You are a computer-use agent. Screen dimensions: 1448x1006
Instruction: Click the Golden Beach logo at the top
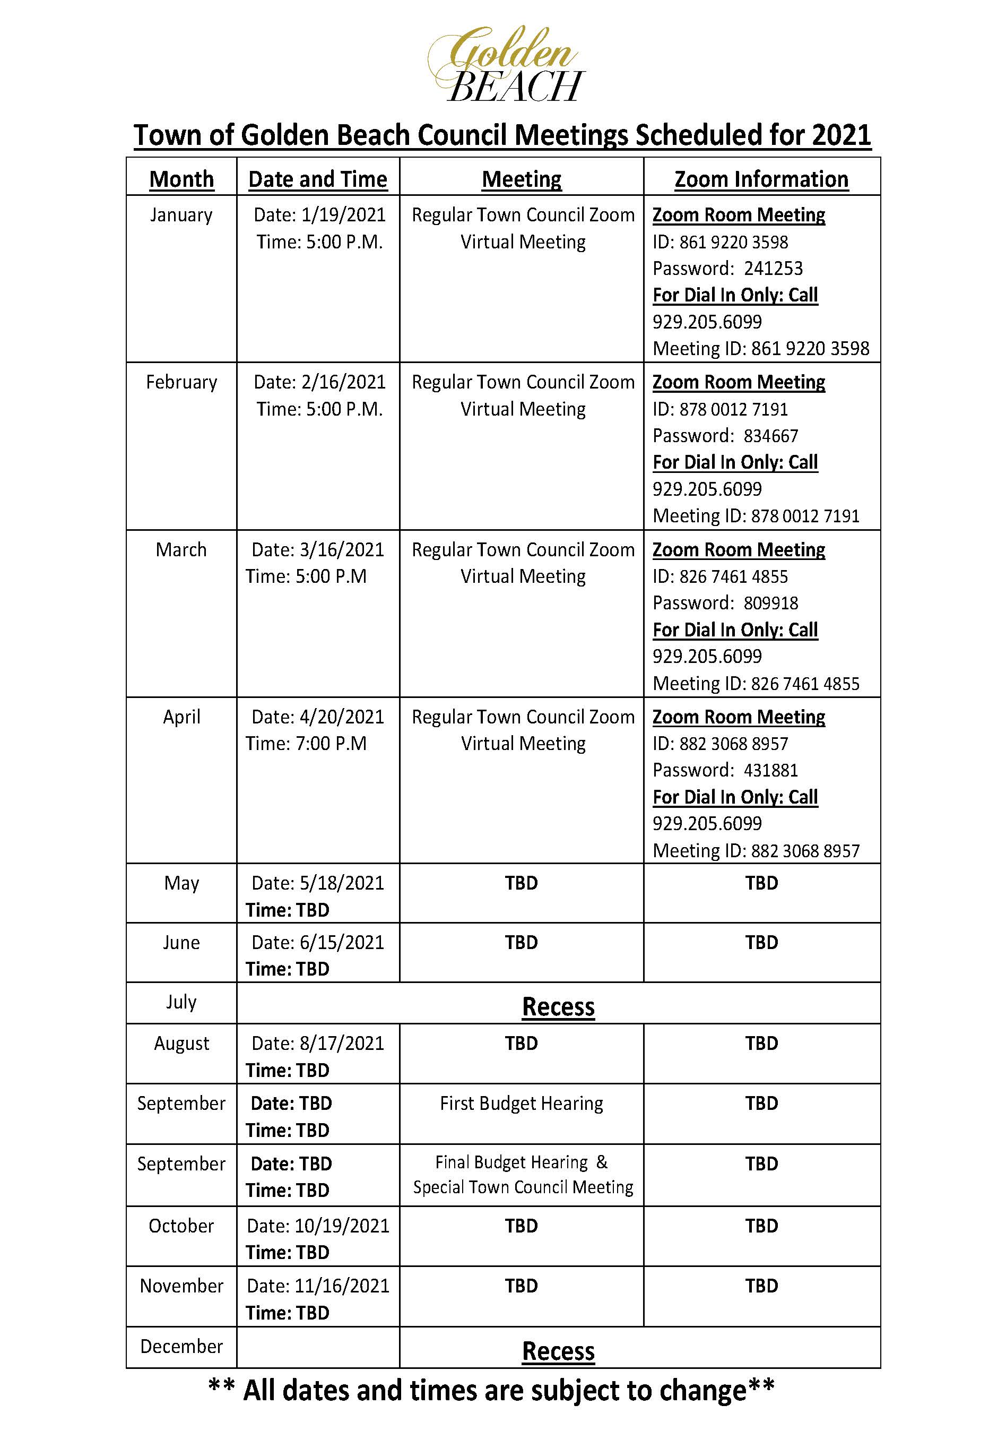coord(506,65)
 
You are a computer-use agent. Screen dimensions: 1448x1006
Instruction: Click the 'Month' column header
coord(181,179)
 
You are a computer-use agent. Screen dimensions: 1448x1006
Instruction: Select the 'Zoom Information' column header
coord(761,179)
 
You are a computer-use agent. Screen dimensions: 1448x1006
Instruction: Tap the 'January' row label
coord(181,215)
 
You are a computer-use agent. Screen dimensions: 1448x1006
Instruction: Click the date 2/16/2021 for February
coord(343,382)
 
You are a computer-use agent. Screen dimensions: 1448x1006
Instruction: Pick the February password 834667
coord(770,436)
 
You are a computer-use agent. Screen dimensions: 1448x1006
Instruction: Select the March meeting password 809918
coord(770,604)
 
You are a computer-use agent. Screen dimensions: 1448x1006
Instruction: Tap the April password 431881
coord(770,770)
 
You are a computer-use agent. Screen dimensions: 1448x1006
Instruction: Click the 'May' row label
coord(181,883)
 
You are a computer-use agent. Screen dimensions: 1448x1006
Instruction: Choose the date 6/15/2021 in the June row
coord(342,943)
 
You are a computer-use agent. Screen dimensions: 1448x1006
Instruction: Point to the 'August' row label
coord(181,1044)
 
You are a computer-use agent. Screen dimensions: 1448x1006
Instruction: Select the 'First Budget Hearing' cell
coord(521,1103)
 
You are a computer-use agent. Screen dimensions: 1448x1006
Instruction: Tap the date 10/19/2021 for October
coord(342,1226)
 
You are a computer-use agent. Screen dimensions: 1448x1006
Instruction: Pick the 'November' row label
coord(181,1286)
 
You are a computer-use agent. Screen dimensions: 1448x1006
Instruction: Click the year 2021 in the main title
coord(841,135)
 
